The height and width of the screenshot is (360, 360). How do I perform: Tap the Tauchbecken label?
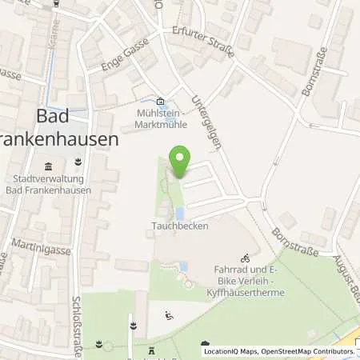pos(176,226)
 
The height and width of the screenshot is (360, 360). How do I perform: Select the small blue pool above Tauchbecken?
pos(179,213)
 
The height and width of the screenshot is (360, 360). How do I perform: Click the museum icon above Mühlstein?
pos(160,101)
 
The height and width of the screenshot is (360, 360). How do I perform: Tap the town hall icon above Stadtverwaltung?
pos(48,167)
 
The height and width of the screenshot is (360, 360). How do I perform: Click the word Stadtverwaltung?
pos(48,179)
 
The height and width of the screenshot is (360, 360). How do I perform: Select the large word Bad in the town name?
pos(58,116)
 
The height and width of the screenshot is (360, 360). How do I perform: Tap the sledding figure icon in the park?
pos(168,315)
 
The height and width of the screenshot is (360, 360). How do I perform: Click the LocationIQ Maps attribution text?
pos(230,351)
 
